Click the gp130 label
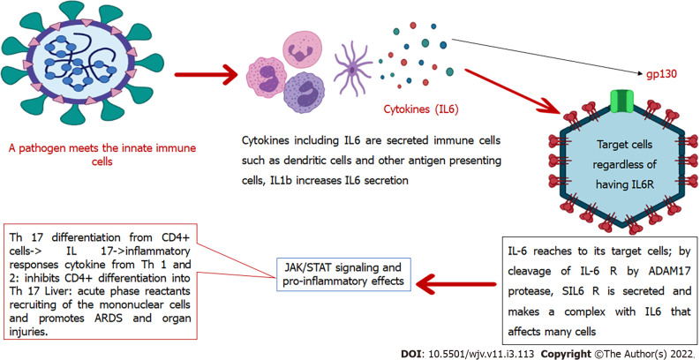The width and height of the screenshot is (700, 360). coord(662,74)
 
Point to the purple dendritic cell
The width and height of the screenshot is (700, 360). coord(353,70)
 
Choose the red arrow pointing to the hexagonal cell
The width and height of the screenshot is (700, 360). coord(513,91)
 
